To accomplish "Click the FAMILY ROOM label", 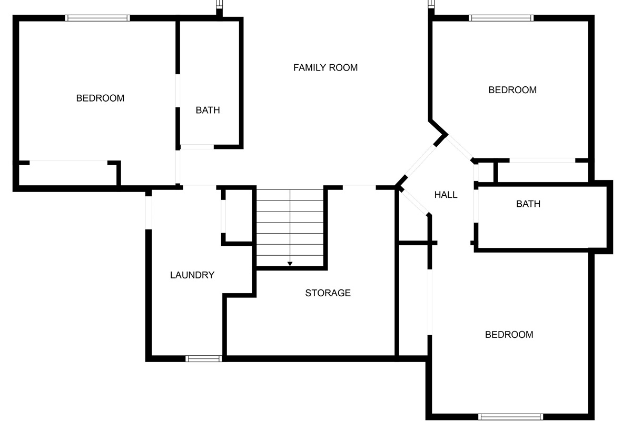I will pos(325,67).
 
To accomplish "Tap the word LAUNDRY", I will pos(192,275).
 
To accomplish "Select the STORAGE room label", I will pos(328,293).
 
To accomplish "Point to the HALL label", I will pos(446,195).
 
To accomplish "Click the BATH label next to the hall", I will pos(528,204).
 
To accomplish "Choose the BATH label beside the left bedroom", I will pos(208,110).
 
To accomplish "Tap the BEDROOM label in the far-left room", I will pos(100,98).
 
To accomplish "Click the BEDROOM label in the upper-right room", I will pos(512,90).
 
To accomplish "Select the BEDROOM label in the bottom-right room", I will pos(509,335).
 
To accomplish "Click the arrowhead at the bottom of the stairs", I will pos(290,264).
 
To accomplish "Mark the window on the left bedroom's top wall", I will pos(97,18).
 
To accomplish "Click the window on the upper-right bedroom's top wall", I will pos(501,18).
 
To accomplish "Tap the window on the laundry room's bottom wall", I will pos(203,359).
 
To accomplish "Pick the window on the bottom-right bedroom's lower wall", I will pos(510,417).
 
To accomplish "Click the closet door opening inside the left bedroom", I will pos(68,162).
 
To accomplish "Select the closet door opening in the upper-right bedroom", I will pos(542,160).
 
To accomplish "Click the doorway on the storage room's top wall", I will pos(360,187).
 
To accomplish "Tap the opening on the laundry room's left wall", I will pos(149,212).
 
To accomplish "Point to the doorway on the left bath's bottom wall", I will pos(197,146).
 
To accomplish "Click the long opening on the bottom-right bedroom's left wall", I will pos(430,302).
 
